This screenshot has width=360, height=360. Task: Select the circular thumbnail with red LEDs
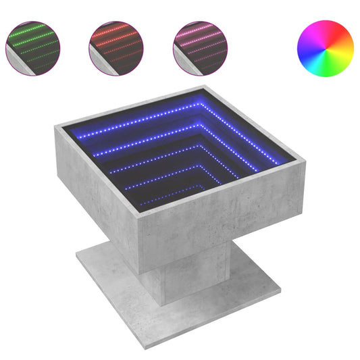click(x=116, y=47)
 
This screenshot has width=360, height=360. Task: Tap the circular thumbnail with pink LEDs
click(x=200, y=47)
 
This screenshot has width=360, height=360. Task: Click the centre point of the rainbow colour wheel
click(x=325, y=47)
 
